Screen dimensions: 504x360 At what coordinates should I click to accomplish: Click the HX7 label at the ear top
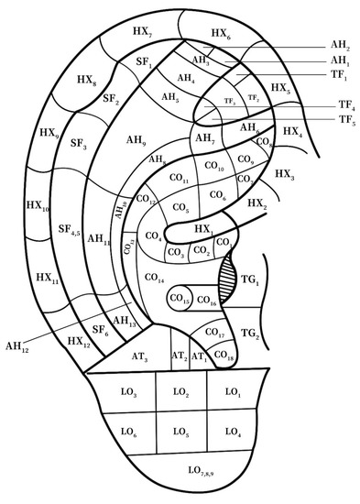(x=142, y=32)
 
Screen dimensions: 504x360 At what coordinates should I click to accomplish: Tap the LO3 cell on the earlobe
(x=127, y=393)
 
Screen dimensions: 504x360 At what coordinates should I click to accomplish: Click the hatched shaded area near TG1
(x=228, y=275)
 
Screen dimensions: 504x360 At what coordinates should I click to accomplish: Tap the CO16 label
(x=207, y=301)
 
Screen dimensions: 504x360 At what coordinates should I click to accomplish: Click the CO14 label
(x=155, y=276)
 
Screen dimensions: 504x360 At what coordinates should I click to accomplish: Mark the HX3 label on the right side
(x=284, y=173)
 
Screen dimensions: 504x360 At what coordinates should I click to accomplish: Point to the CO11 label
(x=180, y=177)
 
